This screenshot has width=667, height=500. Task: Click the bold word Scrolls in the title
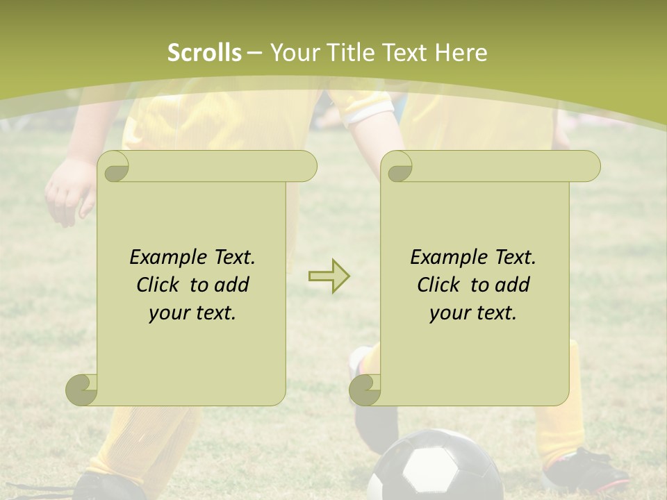coord(204,53)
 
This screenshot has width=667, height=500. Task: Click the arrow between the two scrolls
coord(329,276)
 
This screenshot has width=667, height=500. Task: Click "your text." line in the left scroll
coord(192,312)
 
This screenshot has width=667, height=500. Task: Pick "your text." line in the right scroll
coord(473,312)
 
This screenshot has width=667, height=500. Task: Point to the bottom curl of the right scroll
coord(364,389)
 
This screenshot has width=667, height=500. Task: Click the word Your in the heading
coord(293,53)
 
